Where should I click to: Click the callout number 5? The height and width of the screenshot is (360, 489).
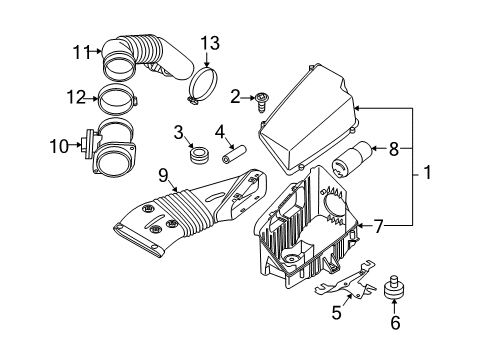point(336,314)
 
